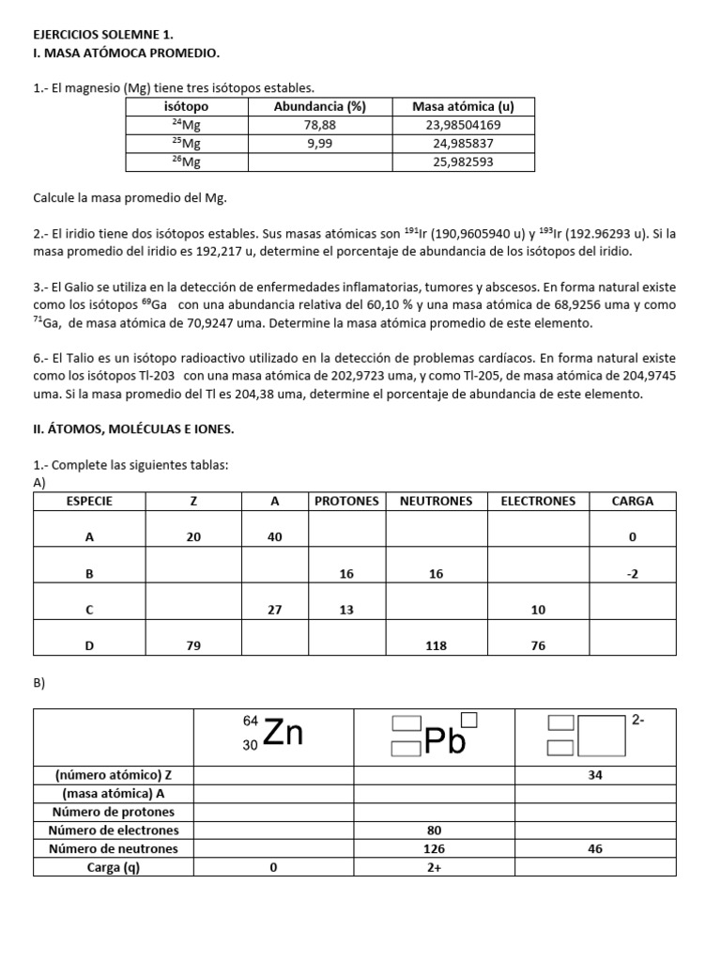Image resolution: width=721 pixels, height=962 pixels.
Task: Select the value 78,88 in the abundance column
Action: (x=319, y=124)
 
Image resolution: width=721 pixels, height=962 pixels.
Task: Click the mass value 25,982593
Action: (x=463, y=162)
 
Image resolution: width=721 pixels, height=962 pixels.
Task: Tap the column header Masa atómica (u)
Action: (x=463, y=106)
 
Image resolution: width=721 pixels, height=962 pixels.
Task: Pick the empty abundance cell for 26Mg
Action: (x=319, y=162)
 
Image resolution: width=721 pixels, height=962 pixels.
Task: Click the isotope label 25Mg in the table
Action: (x=186, y=143)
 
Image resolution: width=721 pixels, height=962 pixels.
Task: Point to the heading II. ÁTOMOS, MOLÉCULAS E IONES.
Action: (x=133, y=429)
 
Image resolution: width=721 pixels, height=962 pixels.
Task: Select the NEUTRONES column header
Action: (x=436, y=501)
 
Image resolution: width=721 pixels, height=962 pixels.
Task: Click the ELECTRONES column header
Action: (x=538, y=501)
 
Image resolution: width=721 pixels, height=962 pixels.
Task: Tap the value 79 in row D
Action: (x=193, y=645)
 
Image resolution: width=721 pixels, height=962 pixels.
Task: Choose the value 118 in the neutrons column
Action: (x=436, y=645)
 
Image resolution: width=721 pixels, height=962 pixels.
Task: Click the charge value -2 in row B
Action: (x=632, y=573)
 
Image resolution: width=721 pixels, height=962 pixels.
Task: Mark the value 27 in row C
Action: (x=275, y=609)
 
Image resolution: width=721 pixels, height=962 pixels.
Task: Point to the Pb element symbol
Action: (x=445, y=740)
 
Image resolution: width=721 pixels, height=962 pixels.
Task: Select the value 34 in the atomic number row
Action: (x=595, y=776)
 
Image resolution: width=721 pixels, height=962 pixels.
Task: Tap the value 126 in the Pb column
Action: (x=434, y=848)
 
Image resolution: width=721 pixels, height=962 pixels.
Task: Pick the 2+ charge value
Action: (x=434, y=867)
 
